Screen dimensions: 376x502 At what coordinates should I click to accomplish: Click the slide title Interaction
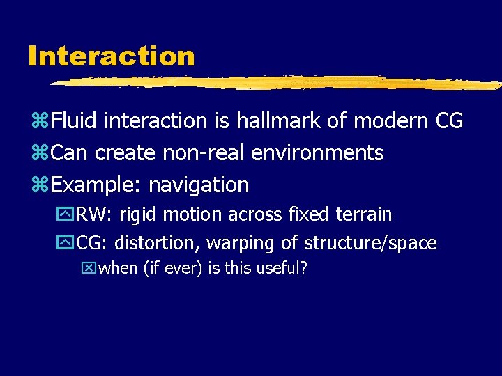[x=112, y=56]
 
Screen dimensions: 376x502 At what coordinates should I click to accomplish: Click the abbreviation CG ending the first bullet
[x=448, y=121]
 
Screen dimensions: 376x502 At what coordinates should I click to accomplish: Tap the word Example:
[x=96, y=185]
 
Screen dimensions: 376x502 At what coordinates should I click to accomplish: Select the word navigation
[x=199, y=185]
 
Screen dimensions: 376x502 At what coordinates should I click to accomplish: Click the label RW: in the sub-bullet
[x=95, y=215]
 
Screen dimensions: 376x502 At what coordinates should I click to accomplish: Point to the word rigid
[x=137, y=215]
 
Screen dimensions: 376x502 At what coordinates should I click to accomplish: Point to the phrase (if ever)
[x=173, y=269]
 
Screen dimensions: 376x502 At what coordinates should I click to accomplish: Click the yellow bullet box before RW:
[x=68, y=215]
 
